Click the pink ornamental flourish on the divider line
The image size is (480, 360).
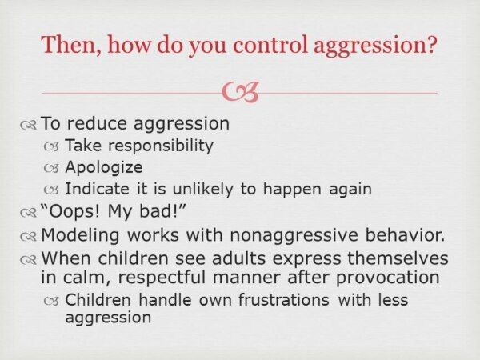(240, 92)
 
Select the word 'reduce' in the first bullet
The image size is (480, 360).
(97, 123)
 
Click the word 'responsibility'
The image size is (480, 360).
(161, 146)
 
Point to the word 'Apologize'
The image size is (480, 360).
(104, 168)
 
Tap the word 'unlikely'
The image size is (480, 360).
(202, 189)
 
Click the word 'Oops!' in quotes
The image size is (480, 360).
(71, 211)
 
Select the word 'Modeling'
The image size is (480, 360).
(80, 236)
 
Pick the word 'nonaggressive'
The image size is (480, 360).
(294, 236)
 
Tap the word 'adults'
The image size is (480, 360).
(238, 258)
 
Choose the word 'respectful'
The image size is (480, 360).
(162, 278)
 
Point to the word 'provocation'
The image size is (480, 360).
(387, 278)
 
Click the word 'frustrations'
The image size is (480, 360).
(284, 299)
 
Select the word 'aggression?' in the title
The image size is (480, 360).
(375, 46)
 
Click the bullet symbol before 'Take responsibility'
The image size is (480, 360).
(51, 147)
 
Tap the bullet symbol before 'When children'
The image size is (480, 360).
(28, 260)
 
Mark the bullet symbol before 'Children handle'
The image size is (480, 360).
(51, 302)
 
